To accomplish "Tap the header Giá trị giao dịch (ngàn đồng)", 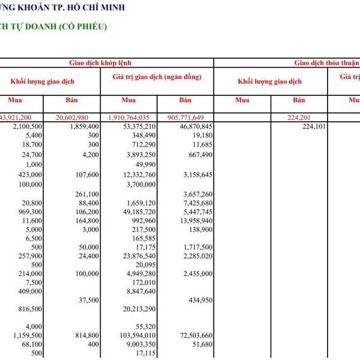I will coord(157,77).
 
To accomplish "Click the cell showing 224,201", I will coord(305,118).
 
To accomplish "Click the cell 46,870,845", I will coord(193,127).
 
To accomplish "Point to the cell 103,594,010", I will coord(136,335).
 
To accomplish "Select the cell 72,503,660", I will coord(193,335).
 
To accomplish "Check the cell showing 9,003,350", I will coord(140,344).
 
